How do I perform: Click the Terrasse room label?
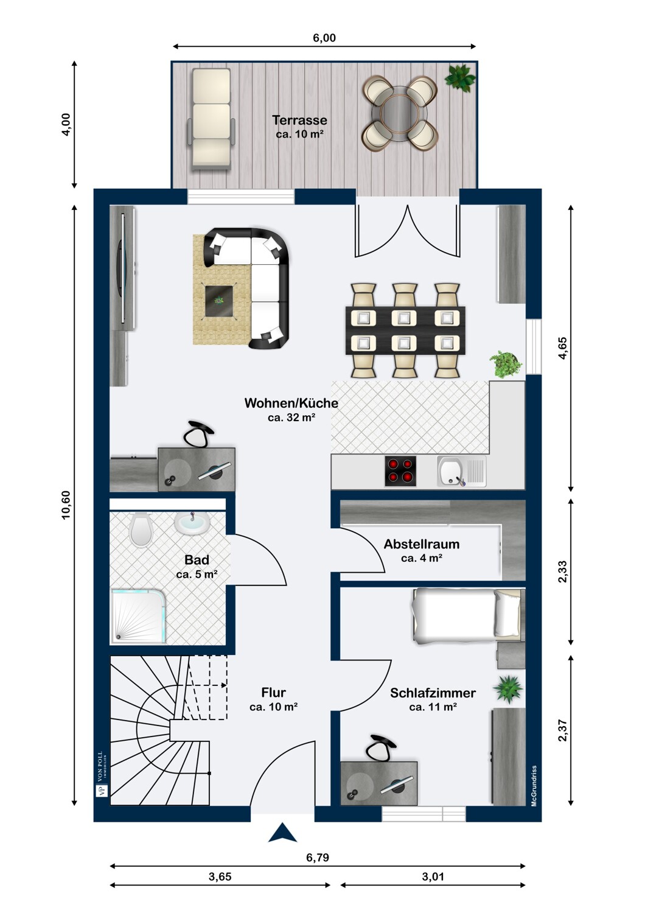(299, 121)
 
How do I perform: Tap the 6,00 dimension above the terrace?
(324, 38)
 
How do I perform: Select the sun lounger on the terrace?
(211, 119)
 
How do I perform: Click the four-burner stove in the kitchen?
(400, 471)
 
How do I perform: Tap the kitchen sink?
(462, 471)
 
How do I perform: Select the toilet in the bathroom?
(141, 530)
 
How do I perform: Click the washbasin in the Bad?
(192, 522)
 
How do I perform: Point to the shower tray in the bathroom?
(138, 616)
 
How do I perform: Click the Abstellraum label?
(422, 544)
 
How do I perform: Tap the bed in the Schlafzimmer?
(467, 616)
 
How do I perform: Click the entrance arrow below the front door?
(282, 832)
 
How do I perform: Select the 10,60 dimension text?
(66, 505)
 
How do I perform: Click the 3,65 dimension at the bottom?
(220, 876)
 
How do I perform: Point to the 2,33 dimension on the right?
(563, 572)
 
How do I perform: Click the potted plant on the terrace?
(459, 77)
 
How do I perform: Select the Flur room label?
(273, 693)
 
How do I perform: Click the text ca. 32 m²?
(291, 418)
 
